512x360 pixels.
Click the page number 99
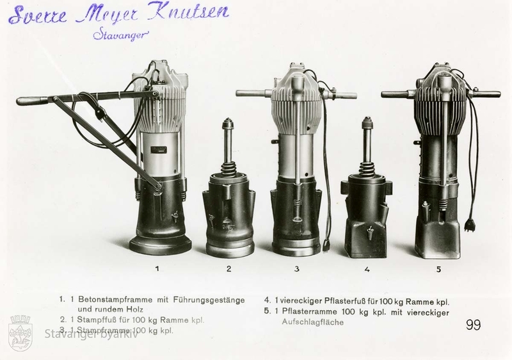tap(473, 325)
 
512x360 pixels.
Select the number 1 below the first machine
tap(157, 268)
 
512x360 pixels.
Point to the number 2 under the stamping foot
tap(229, 268)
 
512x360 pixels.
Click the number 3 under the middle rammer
tap(296, 269)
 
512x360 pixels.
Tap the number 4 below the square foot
tap(367, 269)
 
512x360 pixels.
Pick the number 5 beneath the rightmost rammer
tap(438, 269)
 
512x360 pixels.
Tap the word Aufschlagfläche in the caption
tap(313, 322)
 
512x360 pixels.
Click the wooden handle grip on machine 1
tap(32, 100)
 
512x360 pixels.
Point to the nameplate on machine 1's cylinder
tap(159, 150)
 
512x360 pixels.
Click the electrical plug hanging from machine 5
tap(470, 224)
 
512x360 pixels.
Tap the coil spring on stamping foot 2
tap(228, 169)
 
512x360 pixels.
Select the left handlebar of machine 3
tap(253, 94)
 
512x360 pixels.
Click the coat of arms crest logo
tap(20, 332)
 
